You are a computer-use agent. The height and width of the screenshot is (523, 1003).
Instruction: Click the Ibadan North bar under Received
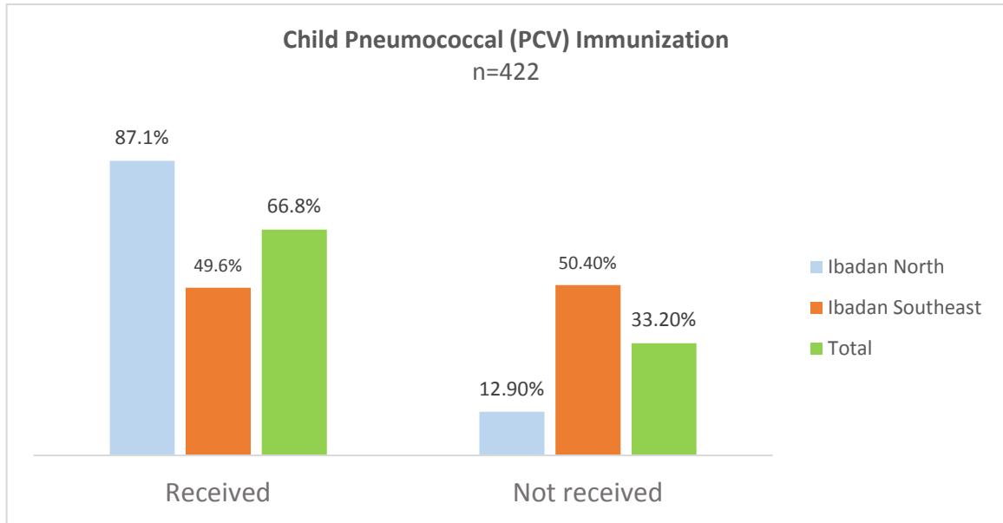tap(141, 308)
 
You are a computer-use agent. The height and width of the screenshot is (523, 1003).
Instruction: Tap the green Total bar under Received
tap(294, 343)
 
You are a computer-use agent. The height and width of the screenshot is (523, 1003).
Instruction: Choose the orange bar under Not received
tap(587, 369)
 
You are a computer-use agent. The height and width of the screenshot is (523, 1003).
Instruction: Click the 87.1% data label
tap(141, 139)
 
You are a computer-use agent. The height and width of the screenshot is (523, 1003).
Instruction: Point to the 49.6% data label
tap(218, 265)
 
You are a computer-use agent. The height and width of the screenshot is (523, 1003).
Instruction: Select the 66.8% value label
tap(294, 207)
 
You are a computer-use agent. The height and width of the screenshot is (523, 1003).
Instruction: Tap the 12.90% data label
tap(511, 389)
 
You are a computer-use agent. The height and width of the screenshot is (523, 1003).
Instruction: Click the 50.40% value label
tap(587, 263)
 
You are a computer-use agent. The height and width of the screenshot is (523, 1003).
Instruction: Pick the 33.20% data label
tap(664, 321)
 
